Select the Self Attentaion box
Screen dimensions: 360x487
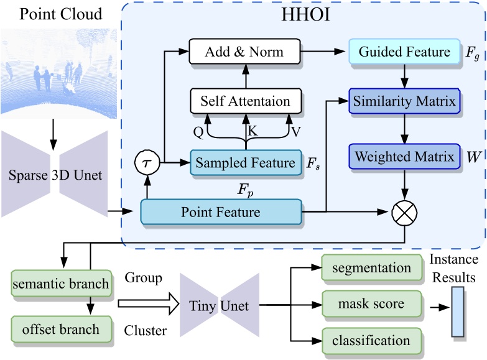pyautogui.click(x=244, y=101)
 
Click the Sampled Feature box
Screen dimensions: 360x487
pyautogui.click(x=244, y=163)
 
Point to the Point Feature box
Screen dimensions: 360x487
pyautogui.click(x=221, y=213)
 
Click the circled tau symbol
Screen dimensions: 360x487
pyautogui.click(x=147, y=163)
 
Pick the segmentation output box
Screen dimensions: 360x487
pyautogui.click(x=370, y=268)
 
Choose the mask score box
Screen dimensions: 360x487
pyautogui.click(x=370, y=304)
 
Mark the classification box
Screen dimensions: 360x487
pyautogui.click(x=370, y=340)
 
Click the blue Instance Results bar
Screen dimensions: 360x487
pyautogui.click(x=458, y=312)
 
